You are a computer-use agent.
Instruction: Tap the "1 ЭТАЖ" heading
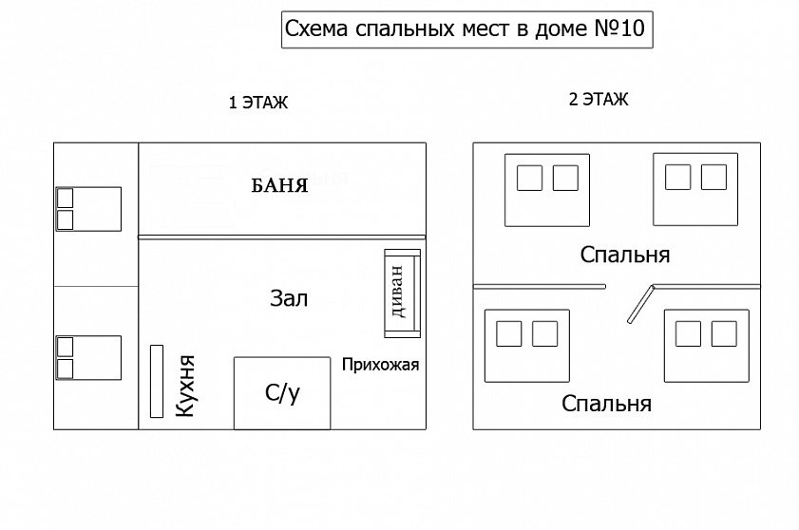[257, 104]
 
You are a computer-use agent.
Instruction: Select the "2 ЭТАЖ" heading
[598, 100]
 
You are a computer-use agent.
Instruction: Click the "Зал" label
[289, 299]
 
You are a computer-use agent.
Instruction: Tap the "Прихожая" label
[380, 364]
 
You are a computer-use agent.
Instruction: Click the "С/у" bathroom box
[282, 392]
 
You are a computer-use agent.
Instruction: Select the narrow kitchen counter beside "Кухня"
[156, 381]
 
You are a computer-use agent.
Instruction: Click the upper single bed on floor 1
[87, 209]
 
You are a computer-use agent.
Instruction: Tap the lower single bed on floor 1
[87, 357]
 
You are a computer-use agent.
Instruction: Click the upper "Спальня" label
[625, 255]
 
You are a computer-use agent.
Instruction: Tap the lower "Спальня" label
[606, 404]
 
